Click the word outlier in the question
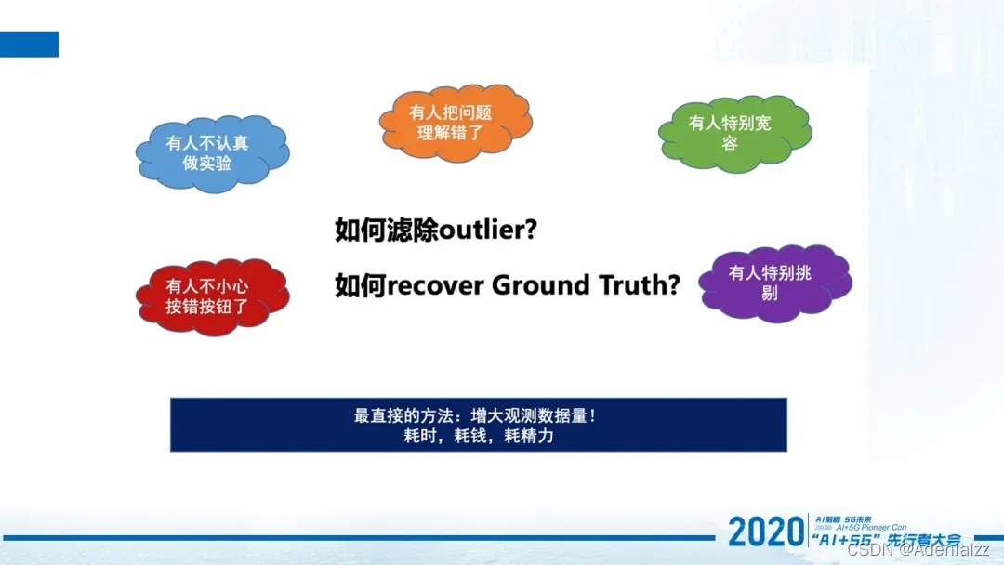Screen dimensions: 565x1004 [x=482, y=230]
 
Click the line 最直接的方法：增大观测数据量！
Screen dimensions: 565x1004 [x=476, y=415]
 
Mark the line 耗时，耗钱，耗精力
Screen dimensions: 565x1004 [x=476, y=435]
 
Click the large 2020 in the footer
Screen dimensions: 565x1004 [x=765, y=532]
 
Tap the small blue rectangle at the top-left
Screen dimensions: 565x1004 [x=29, y=44]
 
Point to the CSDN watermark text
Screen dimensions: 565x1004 [x=920, y=549]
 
